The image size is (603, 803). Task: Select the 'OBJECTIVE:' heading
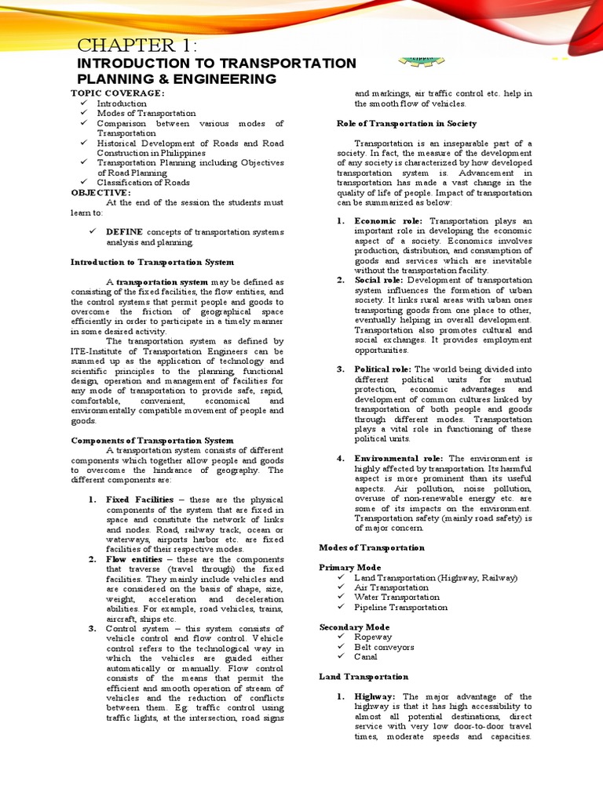click(x=101, y=193)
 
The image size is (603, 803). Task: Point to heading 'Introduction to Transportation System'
click(x=152, y=262)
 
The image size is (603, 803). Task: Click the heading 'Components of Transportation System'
click(x=152, y=441)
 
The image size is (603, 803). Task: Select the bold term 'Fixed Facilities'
click(x=140, y=500)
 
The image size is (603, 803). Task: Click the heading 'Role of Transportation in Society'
click(x=407, y=123)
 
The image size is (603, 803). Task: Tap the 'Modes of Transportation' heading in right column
click(x=371, y=547)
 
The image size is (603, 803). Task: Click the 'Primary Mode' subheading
click(x=350, y=567)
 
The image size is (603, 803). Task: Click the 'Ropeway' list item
click(x=373, y=637)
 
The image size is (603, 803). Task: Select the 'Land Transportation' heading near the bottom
click(x=364, y=676)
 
